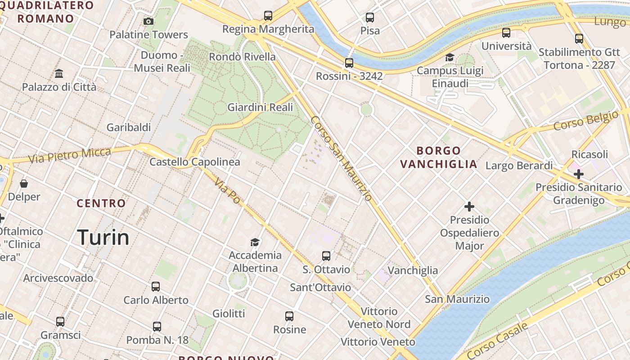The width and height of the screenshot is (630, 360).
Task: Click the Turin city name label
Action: pos(103,237)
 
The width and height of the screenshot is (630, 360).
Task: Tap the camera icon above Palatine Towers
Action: pos(148,21)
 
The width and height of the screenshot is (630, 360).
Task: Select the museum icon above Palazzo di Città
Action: pos(59,73)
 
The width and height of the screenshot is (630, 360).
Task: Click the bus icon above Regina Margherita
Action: pos(268,16)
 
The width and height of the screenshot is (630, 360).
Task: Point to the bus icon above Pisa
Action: pos(370,18)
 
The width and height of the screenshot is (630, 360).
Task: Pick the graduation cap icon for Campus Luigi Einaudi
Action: pos(450,57)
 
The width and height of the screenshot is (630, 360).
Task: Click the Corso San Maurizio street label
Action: pos(341,158)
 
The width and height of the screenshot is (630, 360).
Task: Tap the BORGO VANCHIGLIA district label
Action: pos(438,157)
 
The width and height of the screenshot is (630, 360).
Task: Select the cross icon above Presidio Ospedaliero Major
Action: pos(469,207)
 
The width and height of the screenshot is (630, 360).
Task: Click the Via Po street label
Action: pos(227,190)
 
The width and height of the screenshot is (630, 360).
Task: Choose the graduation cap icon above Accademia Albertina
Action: pos(255,242)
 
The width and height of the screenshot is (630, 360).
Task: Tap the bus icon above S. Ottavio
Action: pos(326,256)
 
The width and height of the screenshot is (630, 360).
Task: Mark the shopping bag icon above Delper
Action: pos(24,184)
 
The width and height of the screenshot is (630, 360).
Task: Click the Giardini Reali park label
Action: pos(260,107)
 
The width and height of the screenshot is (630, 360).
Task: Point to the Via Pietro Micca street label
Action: pos(69,155)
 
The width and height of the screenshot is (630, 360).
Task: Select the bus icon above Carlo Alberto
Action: pos(156,287)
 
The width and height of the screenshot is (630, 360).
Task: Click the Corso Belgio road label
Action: pos(585,121)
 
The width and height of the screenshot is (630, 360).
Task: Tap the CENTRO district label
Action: pos(101,203)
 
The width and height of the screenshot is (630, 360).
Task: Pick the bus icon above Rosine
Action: pos(289,316)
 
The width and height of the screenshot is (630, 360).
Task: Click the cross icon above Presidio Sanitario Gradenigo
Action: pos(579,174)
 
